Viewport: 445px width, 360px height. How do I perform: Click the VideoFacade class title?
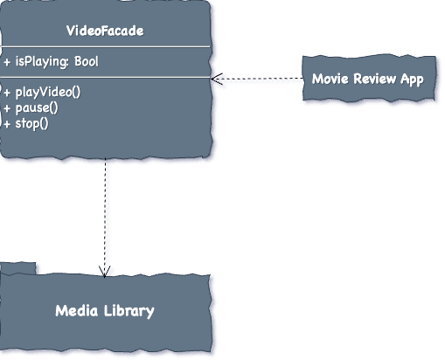click(x=105, y=31)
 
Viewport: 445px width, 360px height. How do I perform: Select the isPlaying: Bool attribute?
click(x=51, y=62)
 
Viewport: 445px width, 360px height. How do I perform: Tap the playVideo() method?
click(x=42, y=93)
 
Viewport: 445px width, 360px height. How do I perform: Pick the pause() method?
click(x=31, y=108)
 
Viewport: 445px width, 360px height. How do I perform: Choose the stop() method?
click(x=26, y=123)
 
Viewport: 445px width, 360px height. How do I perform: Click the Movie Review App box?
click(x=369, y=79)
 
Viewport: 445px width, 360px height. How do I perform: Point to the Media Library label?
click(x=105, y=311)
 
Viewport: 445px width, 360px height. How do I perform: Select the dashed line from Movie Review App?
click(x=257, y=79)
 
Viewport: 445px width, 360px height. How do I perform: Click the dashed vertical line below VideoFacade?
click(x=105, y=217)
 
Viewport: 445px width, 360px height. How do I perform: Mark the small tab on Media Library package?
click(x=18, y=268)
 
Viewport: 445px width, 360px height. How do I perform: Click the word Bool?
click(x=87, y=61)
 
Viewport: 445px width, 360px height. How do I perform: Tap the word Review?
click(x=374, y=79)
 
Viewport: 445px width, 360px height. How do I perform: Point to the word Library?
click(x=129, y=311)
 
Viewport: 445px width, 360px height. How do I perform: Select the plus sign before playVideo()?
click(x=7, y=93)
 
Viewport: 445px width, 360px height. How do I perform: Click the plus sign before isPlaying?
click(x=7, y=62)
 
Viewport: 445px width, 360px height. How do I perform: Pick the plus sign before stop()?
click(x=7, y=124)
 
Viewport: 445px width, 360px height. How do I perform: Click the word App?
click(x=412, y=80)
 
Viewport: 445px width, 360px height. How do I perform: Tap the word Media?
click(x=76, y=311)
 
